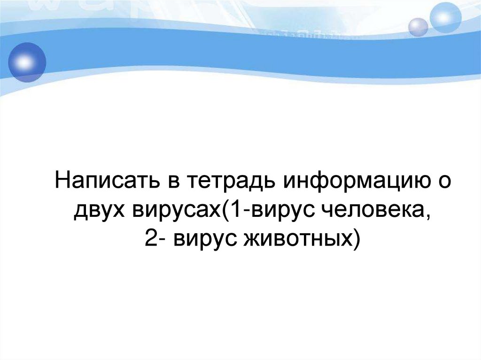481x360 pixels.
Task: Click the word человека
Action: pos(374,211)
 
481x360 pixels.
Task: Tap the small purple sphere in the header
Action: pos(418,27)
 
